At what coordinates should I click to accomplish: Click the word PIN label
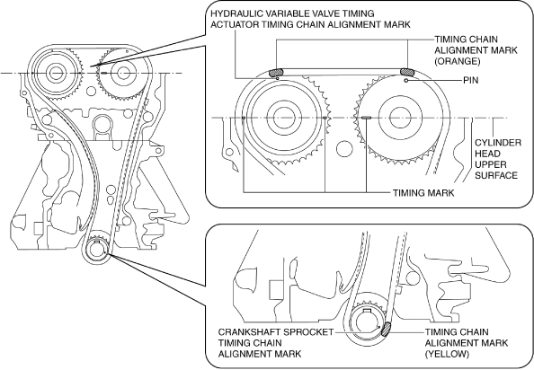point(471,80)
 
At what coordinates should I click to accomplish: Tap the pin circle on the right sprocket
point(406,81)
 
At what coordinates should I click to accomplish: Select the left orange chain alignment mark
point(276,73)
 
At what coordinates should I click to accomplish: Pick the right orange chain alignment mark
point(407,72)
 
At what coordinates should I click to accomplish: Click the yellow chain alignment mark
point(387,330)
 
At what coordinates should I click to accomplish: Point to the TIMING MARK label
point(423,193)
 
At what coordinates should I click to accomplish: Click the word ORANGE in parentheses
point(458,61)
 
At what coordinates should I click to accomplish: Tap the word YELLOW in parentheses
point(447,354)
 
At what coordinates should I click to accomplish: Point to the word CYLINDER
point(498,143)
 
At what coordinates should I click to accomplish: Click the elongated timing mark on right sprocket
point(366,118)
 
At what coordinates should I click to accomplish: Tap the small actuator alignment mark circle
point(278,79)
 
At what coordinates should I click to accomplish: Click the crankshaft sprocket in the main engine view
point(97,250)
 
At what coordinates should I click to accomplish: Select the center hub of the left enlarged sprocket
point(282,118)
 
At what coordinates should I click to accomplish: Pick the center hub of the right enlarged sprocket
point(396,118)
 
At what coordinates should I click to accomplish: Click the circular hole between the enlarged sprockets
point(344,148)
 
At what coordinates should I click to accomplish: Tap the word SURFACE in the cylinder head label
point(496,175)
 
